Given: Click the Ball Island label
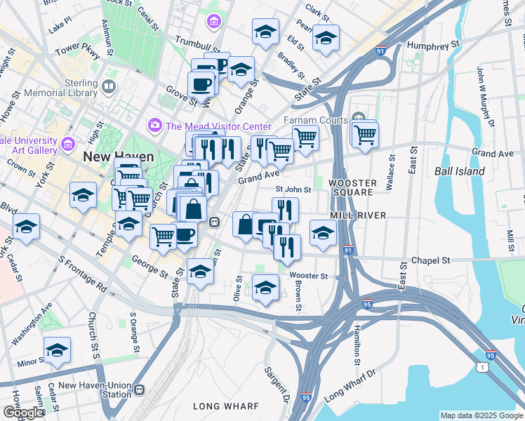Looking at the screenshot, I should (x=460, y=171).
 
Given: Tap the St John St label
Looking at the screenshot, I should (x=293, y=189).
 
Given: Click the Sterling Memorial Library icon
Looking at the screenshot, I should (x=109, y=87).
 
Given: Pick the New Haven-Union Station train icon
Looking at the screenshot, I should (x=139, y=389).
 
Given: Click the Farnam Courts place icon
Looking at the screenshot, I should (x=359, y=116).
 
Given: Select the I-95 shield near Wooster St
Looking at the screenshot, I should (x=367, y=304).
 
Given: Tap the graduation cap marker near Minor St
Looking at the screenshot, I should (x=57, y=349).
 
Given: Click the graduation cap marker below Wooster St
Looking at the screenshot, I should (x=265, y=288).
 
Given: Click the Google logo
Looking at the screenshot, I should (x=22, y=413).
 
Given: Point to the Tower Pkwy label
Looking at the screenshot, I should (x=78, y=50).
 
